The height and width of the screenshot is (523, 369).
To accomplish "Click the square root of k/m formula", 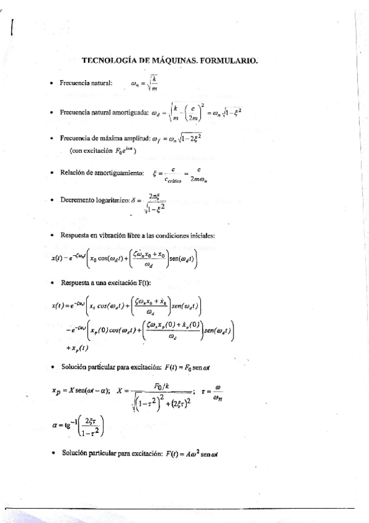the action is [145, 83].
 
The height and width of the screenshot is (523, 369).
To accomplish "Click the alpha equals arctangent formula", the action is [76, 426].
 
